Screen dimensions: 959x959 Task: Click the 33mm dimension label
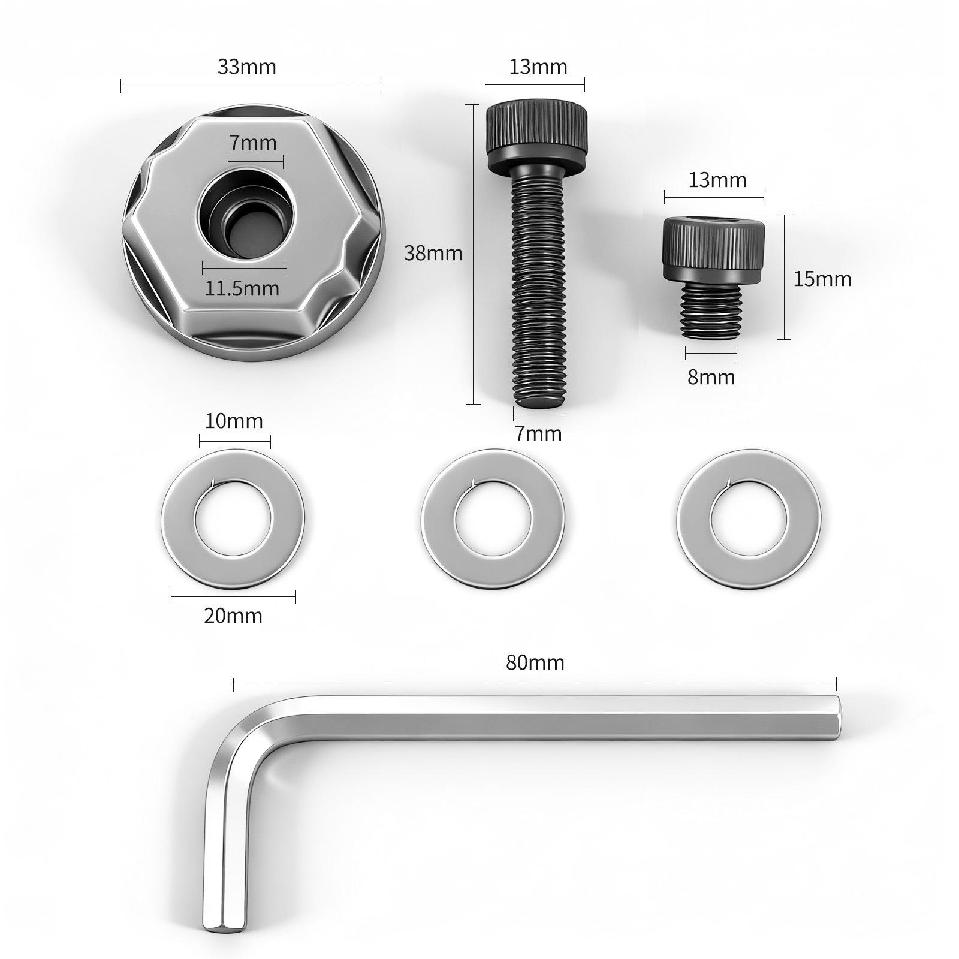point(246,67)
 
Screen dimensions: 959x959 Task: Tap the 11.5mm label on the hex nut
point(242,288)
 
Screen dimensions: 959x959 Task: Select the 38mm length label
point(433,253)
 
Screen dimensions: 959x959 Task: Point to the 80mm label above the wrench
point(535,662)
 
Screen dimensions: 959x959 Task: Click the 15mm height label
point(822,279)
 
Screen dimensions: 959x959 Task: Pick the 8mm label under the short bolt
point(711,377)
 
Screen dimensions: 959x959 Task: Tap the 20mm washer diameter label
point(233,616)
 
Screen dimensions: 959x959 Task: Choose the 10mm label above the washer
point(234,421)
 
